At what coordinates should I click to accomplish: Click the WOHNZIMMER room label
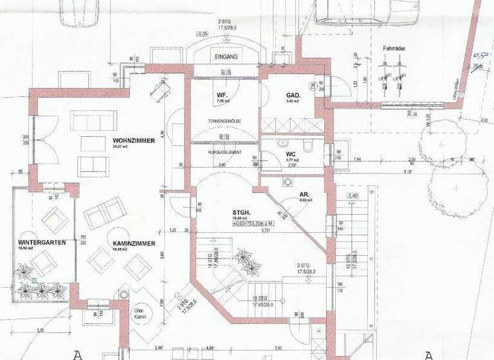[134, 140]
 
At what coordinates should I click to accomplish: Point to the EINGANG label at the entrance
[226, 57]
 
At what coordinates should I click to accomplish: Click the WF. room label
[221, 94]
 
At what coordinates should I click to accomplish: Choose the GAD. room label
[294, 95]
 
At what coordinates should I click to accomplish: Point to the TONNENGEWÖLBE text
[224, 121]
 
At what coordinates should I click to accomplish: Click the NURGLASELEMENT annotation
[224, 152]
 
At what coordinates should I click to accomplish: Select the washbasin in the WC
[282, 142]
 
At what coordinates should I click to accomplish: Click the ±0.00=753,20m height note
[252, 222]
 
